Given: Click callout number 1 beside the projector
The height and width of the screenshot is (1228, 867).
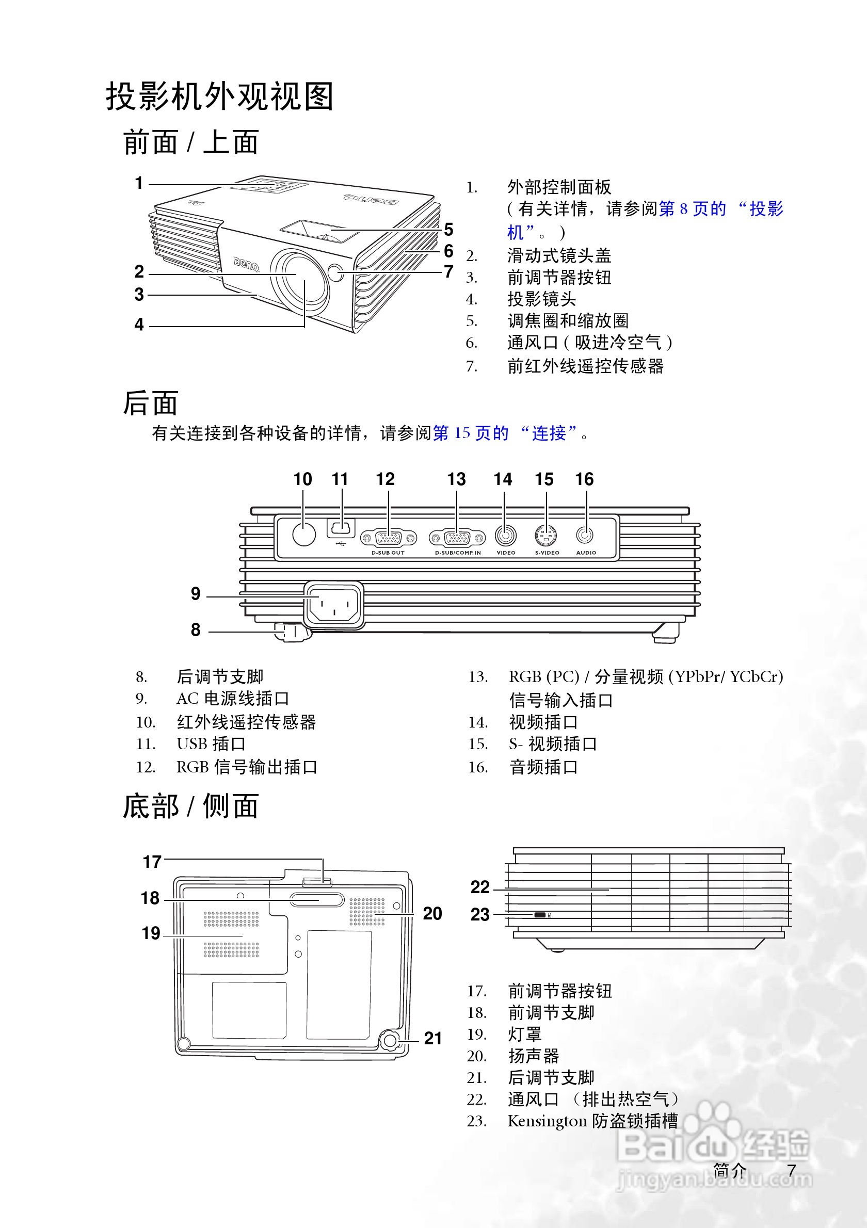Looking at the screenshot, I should [x=139, y=183].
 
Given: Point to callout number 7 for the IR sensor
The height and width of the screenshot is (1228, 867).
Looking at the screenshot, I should [x=449, y=272].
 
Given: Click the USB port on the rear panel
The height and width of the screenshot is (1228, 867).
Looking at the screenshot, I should [x=341, y=528].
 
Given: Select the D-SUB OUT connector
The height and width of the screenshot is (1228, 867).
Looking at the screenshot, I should [x=389, y=538].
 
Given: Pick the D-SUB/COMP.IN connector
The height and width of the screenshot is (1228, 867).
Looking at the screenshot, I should [x=457, y=538].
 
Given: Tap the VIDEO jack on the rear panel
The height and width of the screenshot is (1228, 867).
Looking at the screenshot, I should [x=505, y=535].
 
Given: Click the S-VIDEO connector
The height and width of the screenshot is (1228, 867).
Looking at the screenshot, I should [x=546, y=535].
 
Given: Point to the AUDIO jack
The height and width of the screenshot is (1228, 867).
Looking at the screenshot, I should [x=585, y=535].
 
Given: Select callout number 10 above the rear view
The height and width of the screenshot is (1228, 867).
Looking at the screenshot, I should [x=303, y=479].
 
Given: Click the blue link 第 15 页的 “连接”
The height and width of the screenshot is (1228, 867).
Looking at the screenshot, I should [x=505, y=433].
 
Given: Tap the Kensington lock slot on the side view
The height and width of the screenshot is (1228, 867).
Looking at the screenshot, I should [x=540, y=915].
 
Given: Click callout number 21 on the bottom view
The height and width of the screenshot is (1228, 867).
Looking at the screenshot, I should [x=432, y=1038].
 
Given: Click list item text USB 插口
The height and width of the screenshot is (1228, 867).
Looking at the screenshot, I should [x=211, y=744].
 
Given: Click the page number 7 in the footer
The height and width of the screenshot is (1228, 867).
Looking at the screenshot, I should [x=792, y=1170].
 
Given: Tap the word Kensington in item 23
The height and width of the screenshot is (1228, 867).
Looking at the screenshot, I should [x=547, y=1121].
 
